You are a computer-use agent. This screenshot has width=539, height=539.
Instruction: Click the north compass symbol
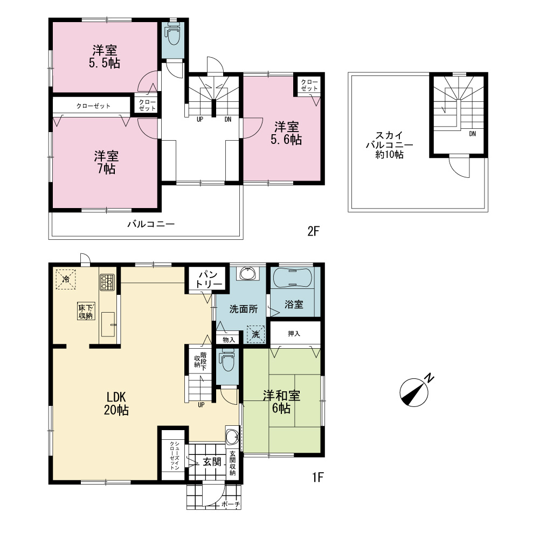414,392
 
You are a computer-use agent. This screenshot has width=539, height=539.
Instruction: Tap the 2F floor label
314,231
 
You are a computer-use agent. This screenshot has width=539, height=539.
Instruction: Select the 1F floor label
318,477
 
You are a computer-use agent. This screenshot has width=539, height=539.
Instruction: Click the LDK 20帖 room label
116,404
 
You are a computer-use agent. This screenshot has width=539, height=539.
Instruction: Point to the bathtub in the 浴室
293,278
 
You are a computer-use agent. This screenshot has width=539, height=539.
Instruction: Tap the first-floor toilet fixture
226,360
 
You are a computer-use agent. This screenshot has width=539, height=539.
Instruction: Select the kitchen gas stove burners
107,282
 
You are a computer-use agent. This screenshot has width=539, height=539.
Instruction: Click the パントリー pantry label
209,279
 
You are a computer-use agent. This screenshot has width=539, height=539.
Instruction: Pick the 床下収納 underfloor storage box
86,312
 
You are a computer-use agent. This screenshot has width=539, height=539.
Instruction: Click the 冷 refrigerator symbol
66,279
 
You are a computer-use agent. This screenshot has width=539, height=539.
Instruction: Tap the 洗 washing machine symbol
256,334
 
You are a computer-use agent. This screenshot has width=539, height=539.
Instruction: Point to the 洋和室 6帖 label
281,402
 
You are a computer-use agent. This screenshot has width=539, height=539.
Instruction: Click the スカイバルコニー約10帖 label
390,144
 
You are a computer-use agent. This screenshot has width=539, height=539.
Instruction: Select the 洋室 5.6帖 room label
286,133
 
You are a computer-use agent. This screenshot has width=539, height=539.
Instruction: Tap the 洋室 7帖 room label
106,163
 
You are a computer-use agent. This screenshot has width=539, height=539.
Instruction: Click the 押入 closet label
294,334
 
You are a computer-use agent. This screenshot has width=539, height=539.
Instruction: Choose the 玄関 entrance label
212,462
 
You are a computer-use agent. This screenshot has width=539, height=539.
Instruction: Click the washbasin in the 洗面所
247,274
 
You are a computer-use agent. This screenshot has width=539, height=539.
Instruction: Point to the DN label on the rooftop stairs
472,134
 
